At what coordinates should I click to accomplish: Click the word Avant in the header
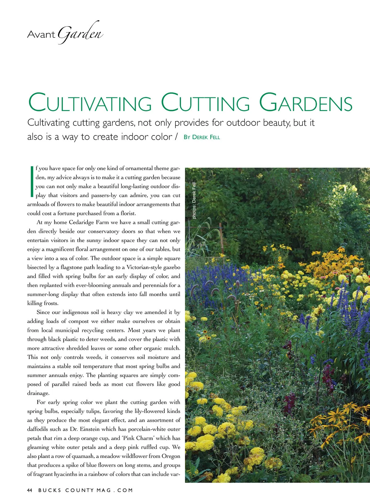tap(41, 34)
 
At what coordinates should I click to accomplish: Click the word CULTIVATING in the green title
tap(90, 103)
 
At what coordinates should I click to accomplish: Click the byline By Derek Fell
tap(202, 137)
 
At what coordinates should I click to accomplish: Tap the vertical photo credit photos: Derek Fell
tap(194, 201)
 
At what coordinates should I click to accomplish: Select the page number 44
tap(30, 490)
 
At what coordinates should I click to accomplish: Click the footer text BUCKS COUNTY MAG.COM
tap(86, 490)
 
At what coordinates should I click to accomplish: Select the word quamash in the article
tap(76, 456)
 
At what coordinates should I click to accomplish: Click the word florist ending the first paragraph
tap(128, 213)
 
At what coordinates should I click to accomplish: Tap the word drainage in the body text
tap(38, 394)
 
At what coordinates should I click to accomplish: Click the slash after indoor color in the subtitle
tap(176, 137)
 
